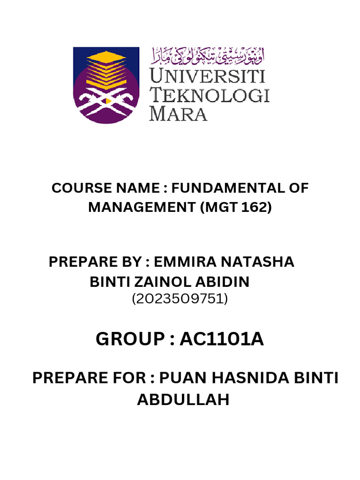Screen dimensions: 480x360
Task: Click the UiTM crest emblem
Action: pos(106,85)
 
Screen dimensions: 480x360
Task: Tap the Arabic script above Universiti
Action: pos(207,57)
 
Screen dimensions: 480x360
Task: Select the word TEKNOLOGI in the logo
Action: pos(209,95)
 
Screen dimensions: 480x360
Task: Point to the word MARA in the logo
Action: pos(178,113)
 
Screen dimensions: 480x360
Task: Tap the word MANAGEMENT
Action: pos(142,207)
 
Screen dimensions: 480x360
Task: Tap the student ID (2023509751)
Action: pos(180,299)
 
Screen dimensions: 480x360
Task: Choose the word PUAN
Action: pos(184,378)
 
